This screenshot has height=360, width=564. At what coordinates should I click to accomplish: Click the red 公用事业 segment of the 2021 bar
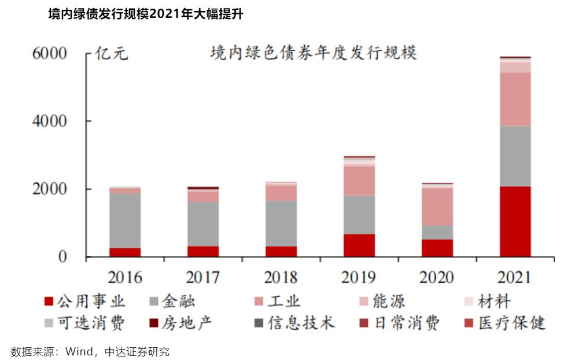(x=515, y=221)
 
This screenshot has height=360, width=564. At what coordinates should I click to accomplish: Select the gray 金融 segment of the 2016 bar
(x=125, y=221)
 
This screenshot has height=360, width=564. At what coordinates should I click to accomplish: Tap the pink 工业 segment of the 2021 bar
(x=515, y=99)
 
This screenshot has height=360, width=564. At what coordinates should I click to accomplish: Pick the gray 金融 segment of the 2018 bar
(x=281, y=223)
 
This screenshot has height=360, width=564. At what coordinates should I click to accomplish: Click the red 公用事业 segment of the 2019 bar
(x=359, y=245)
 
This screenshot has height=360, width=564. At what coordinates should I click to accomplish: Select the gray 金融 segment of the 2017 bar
(x=203, y=224)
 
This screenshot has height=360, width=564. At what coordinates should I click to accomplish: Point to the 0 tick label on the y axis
(x=62, y=257)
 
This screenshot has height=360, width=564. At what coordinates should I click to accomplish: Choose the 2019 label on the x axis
(x=359, y=277)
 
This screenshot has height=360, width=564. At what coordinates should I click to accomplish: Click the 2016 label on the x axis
(x=125, y=277)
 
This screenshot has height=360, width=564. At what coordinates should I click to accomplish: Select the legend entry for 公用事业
(x=85, y=302)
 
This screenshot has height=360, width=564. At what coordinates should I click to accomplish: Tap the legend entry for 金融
(x=173, y=302)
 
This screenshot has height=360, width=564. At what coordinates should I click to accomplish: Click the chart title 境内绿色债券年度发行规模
(x=314, y=53)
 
